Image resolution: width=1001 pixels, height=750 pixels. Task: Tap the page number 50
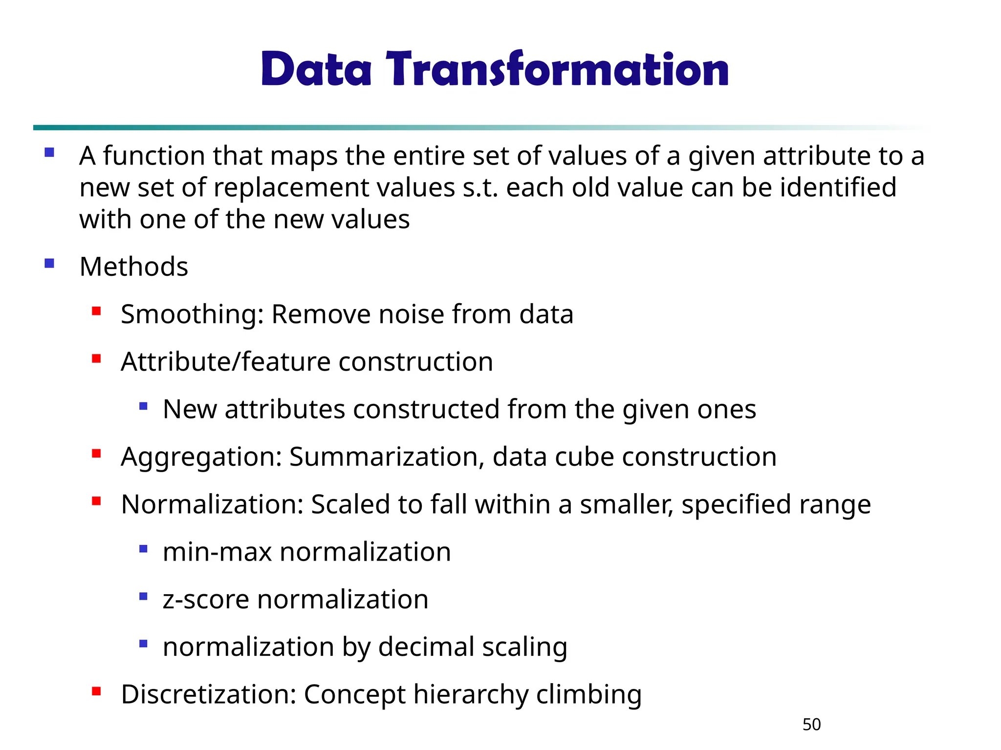[x=811, y=725]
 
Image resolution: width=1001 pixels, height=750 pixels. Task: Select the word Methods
[x=133, y=267]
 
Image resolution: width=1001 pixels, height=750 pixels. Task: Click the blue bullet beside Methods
[x=49, y=264]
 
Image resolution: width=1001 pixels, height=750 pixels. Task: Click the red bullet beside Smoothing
[x=96, y=311]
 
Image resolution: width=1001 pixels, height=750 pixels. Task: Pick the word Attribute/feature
[x=226, y=362]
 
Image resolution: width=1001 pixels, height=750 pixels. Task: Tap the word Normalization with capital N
[x=213, y=504]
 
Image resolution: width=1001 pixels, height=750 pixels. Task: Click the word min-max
[x=217, y=552]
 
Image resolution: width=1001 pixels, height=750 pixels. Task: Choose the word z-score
[x=206, y=600]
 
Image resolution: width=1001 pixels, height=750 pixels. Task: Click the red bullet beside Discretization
[x=96, y=691]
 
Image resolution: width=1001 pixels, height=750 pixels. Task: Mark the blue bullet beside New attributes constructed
[x=143, y=406]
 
